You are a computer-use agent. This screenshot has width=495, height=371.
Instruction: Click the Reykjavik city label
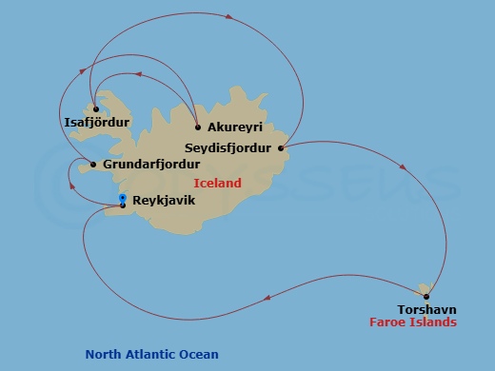point(164,202)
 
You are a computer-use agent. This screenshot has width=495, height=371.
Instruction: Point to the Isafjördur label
point(95,122)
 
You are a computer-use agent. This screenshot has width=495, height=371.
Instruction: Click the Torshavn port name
point(427,309)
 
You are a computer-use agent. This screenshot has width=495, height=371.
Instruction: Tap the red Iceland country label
point(217,183)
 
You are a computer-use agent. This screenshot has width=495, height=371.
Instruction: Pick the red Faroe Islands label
point(413,322)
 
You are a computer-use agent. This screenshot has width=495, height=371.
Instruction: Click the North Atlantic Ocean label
point(152,355)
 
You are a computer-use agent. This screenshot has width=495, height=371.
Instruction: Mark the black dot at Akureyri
point(197,127)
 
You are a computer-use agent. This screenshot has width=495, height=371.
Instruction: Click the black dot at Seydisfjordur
point(281,147)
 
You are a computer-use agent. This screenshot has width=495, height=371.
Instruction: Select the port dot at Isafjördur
point(95,109)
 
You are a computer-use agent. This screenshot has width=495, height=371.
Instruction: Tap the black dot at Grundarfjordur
point(93,165)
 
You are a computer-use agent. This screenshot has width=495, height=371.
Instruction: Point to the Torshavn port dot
point(426,296)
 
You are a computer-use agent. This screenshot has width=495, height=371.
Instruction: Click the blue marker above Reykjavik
point(123,197)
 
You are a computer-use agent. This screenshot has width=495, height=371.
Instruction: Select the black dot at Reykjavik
point(123,205)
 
